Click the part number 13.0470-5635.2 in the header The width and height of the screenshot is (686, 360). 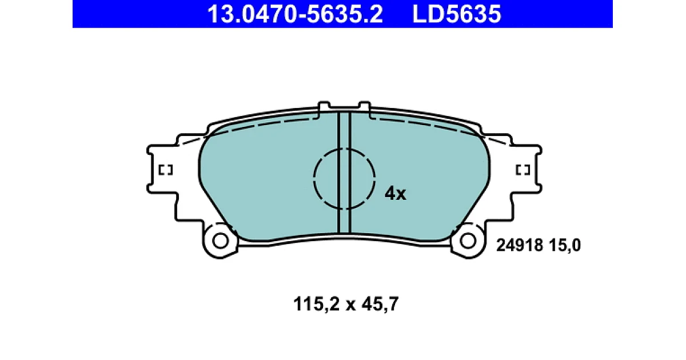[295, 14]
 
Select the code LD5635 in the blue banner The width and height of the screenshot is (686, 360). [457, 14]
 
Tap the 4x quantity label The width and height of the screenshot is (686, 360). [396, 194]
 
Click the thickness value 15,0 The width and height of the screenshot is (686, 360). [564, 246]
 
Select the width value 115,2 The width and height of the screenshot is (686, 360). [316, 304]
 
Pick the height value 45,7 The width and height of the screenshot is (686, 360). [380, 304]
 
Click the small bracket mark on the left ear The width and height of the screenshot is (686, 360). [166, 170]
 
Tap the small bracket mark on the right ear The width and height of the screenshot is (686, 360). [523, 170]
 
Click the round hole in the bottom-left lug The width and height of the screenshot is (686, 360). [220, 241]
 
